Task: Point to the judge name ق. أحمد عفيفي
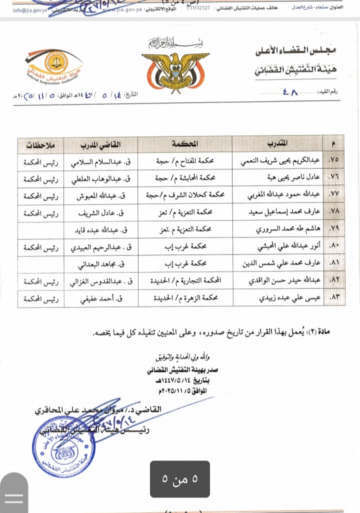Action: click(105, 298)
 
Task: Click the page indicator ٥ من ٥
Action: click(179, 479)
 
